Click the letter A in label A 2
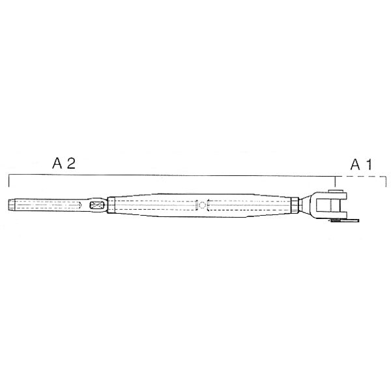pos(57,164)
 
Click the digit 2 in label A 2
pos(71,164)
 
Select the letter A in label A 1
pos(355,165)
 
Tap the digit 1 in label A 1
pos(369,165)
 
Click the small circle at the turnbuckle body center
pos(202,205)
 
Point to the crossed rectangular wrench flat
pos(97,205)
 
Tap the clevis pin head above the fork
pos(335,191)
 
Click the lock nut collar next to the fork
pos(295,205)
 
